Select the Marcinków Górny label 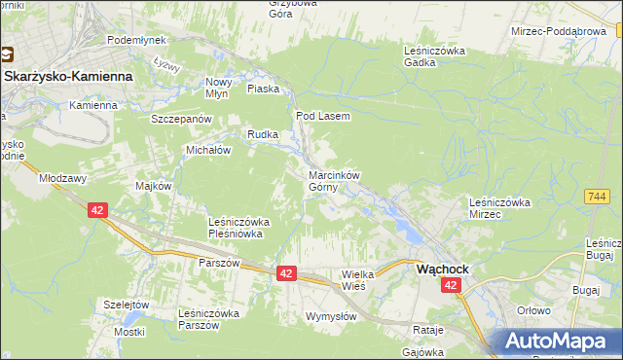[x=334, y=181]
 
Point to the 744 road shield [x=597, y=197]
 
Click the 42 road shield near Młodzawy [x=96, y=209]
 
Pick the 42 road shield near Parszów [x=285, y=275]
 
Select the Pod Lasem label [x=322, y=115]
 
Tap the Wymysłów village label [x=331, y=317]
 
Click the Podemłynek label [x=137, y=40]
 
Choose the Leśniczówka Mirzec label [x=498, y=207]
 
